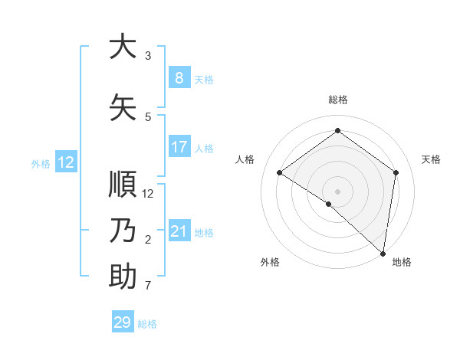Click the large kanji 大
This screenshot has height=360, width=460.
pyautogui.click(x=123, y=47)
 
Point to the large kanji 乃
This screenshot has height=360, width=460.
pyautogui.click(x=123, y=231)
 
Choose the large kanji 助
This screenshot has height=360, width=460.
pyautogui.click(x=123, y=277)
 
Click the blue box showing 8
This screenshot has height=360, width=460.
pyautogui.click(x=179, y=78)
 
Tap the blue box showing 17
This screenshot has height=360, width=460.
pyautogui.click(x=179, y=147)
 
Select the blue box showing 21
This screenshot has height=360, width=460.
pyautogui.click(x=179, y=231)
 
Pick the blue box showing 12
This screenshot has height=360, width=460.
pyautogui.click(x=65, y=162)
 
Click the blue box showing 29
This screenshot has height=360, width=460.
pyautogui.click(x=123, y=322)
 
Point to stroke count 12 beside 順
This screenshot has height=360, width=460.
pyautogui.click(x=149, y=194)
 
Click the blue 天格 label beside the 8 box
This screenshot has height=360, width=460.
pyautogui.click(x=203, y=79)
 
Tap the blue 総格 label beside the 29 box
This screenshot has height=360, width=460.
pyautogui.click(x=147, y=324)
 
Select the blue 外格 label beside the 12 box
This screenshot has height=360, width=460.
pyautogui.click(x=40, y=163)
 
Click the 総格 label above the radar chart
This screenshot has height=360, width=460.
pyautogui.click(x=337, y=100)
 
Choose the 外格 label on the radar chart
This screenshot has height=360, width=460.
pyautogui.click(x=270, y=263)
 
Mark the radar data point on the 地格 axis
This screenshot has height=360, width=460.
pyautogui.click(x=383, y=253)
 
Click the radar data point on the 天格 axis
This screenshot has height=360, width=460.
pyautogui.click(x=396, y=172)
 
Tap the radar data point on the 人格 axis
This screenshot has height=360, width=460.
pyautogui.click(x=279, y=173)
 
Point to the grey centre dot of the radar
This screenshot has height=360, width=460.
pyautogui.click(x=337, y=191)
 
